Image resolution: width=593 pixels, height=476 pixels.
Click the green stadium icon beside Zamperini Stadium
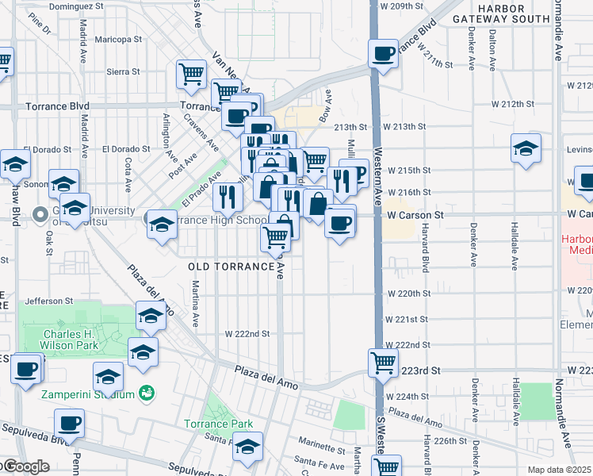point(146,392)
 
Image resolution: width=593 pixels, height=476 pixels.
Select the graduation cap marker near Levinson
point(526,148)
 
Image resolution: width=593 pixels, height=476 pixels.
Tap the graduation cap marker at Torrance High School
point(161,223)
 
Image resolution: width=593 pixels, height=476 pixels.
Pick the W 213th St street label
point(404,127)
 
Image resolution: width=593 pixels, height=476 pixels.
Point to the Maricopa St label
point(117,38)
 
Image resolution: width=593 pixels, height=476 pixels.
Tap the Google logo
point(25,467)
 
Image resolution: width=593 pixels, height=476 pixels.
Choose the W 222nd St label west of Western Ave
point(247,334)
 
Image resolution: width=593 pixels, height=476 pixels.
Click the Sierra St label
point(123,71)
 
